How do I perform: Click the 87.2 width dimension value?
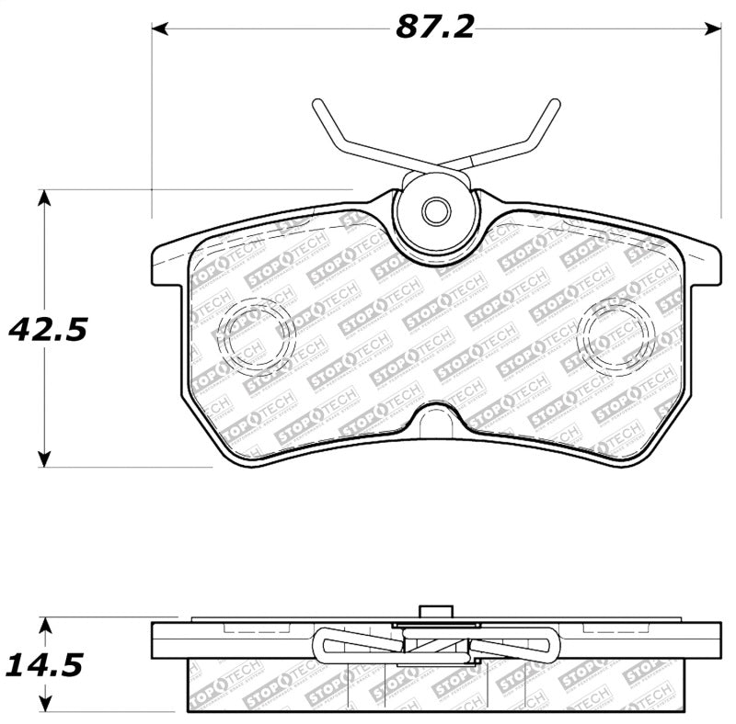pyautogui.click(x=434, y=28)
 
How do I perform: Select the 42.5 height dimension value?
pyautogui.click(x=48, y=328)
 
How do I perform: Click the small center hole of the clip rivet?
pyautogui.click(x=434, y=212)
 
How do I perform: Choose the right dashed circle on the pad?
pyautogui.click(x=615, y=333)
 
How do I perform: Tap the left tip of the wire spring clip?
pyautogui.click(x=317, y=104)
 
